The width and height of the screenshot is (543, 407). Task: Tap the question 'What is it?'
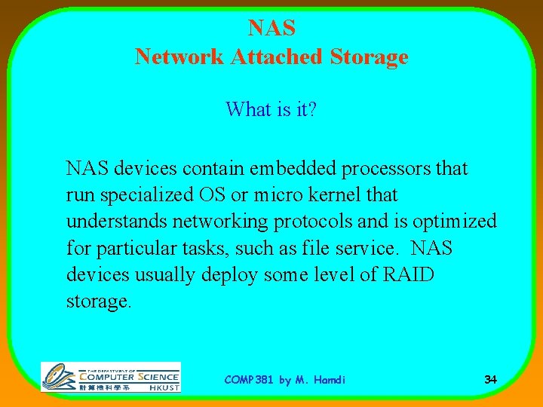click(x=271, y=109)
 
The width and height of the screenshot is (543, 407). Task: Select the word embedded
click(x=303, y=168)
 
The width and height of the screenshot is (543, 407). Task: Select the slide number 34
click(x=490, y=379)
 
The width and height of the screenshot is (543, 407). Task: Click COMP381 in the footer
click(x=250, y=380)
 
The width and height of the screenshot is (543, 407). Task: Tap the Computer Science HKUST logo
click(x=111, y=377)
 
